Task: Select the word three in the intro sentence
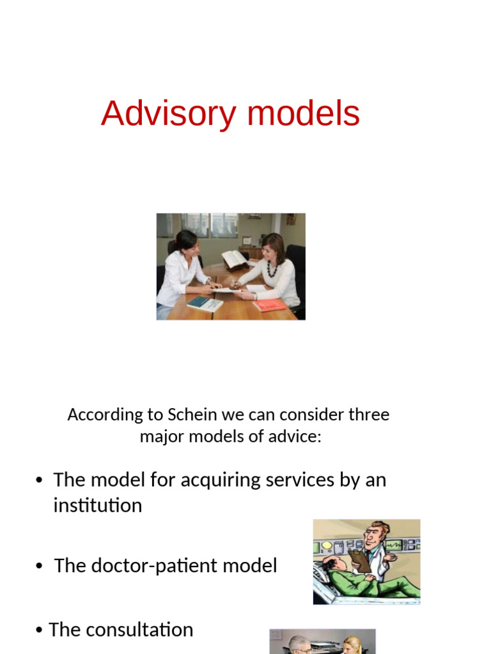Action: pos(367,414)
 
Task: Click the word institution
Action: pos(97,505)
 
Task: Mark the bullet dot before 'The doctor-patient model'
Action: pos(40,567)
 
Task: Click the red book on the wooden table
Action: pos(269,305)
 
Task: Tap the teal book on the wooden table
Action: pos(204,303)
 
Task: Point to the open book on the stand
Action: pos(234,259)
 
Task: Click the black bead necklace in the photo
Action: pos(272,268)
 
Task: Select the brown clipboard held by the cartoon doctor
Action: pos(362,560)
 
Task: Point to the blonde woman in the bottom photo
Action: pos(352,645)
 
